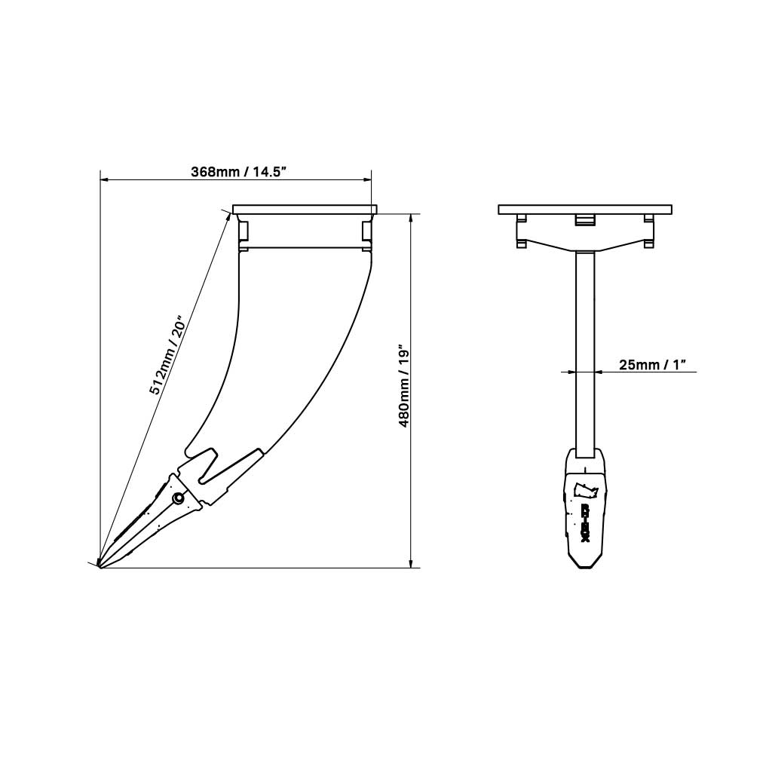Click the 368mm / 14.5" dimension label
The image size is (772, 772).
tap(237, 172)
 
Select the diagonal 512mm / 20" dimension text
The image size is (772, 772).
tap(167, 356)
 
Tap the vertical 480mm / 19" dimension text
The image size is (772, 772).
tap(404, 388)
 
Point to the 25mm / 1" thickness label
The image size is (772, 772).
tap(653, 365)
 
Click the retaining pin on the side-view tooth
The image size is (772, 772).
tap(179, 498)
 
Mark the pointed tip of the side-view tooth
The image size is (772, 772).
tap(100, 565)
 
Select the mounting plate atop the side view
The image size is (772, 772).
tap(305, 210)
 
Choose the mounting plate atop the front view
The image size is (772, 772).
tap(585, 210)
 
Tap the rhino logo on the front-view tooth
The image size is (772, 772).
tap(585, 489)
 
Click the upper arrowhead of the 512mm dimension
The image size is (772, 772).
tap(228, 216)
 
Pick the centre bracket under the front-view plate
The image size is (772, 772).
tap(585, 219)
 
